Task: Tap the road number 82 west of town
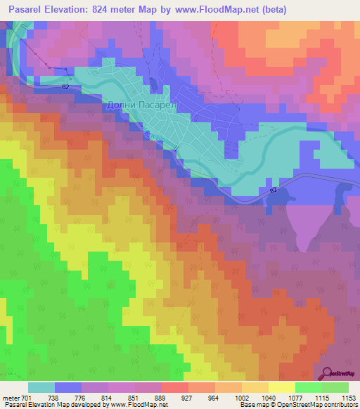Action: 65,86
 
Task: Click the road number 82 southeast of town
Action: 274,190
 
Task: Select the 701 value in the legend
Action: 27,397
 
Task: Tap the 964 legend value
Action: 214,397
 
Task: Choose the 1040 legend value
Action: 268,397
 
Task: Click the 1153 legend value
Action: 349,397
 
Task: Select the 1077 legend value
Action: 295,397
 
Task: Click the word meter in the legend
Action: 11,397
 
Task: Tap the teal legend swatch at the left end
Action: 41,387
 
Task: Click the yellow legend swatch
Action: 281,387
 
